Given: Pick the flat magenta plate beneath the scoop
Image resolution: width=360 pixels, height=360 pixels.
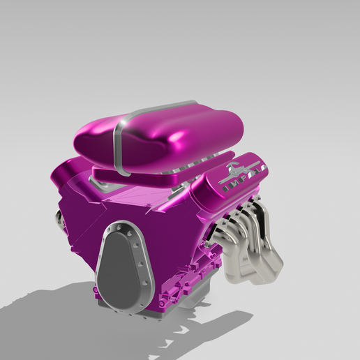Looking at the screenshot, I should click(x=140, y=174).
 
